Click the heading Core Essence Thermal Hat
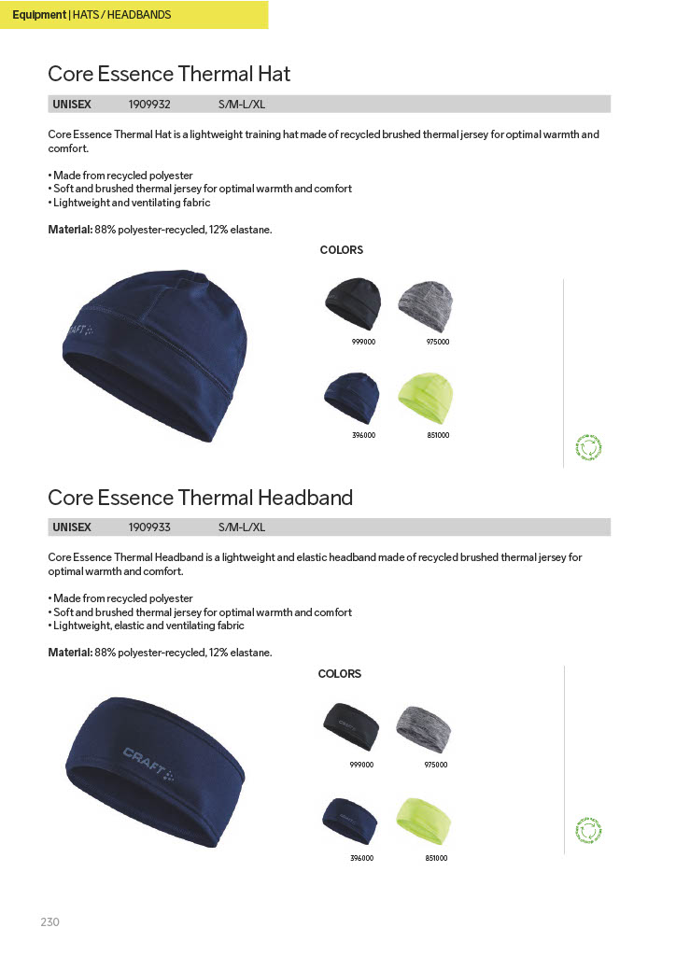click(x=169, y=74)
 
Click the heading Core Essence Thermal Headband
click(x=200, y=498)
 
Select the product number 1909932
click(x=149, y=105)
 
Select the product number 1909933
click(x=149, y=527)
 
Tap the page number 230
click(x=50, y=922)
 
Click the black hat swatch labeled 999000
click(x=353, y=303)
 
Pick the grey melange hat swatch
click(x=426, y=302)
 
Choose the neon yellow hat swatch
click(x=426, y=398)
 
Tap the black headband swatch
click(x=351, y=726)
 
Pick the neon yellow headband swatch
click(x=425, y=820)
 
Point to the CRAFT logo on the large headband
click(x=148, y=762)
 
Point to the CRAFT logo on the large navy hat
click(x=80, y=334)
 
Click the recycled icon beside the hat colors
click(x=589, y=448)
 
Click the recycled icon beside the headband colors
click(x=589, y=830)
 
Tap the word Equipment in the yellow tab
click(x=39, y=15)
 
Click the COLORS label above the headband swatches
click(x=340, y=674)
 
